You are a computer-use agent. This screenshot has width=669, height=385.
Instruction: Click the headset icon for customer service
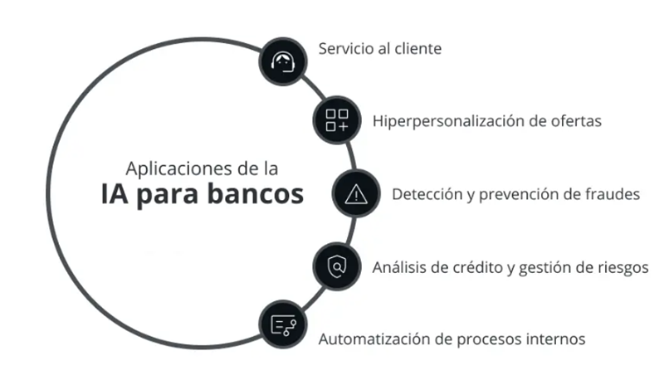coord(283,61)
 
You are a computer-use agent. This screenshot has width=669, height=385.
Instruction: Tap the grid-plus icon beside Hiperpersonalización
coord(337,120)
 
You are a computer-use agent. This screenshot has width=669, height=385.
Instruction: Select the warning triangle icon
coord(356,194)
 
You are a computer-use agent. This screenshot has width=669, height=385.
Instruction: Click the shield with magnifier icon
coord(337,266)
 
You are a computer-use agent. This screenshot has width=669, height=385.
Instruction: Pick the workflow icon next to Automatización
coord(283,325)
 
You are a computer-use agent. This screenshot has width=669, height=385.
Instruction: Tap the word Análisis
coord(399,268)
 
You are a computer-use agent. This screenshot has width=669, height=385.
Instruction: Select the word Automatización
coord(374,339)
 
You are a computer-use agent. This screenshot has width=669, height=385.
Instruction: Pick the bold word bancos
coord(256,193)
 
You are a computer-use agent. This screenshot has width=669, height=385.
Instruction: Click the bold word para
coord(168,197)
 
